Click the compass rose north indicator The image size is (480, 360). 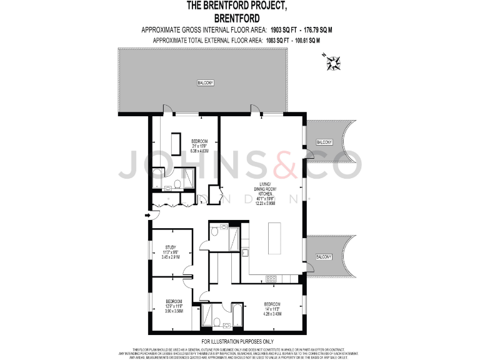click(x=332, y=61)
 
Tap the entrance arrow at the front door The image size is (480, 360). click(x=148, y=216)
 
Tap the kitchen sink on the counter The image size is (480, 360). click(x=246, y=252)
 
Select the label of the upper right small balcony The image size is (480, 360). click(x=324, y=142)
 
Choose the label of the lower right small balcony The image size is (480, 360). click(x=324, y=257)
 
